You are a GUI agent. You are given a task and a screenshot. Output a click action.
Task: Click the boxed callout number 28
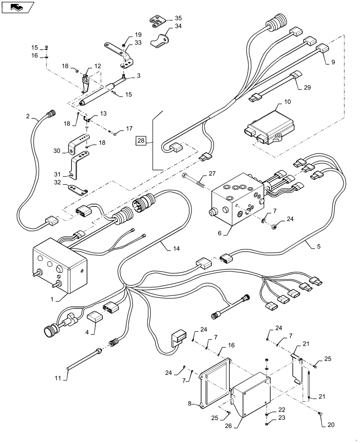[141, 141]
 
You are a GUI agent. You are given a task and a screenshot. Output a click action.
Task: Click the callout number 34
[178, 27]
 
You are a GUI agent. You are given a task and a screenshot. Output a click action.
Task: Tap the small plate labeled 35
[157, 20]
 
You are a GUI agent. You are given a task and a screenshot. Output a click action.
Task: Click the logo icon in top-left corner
[17, 7]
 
